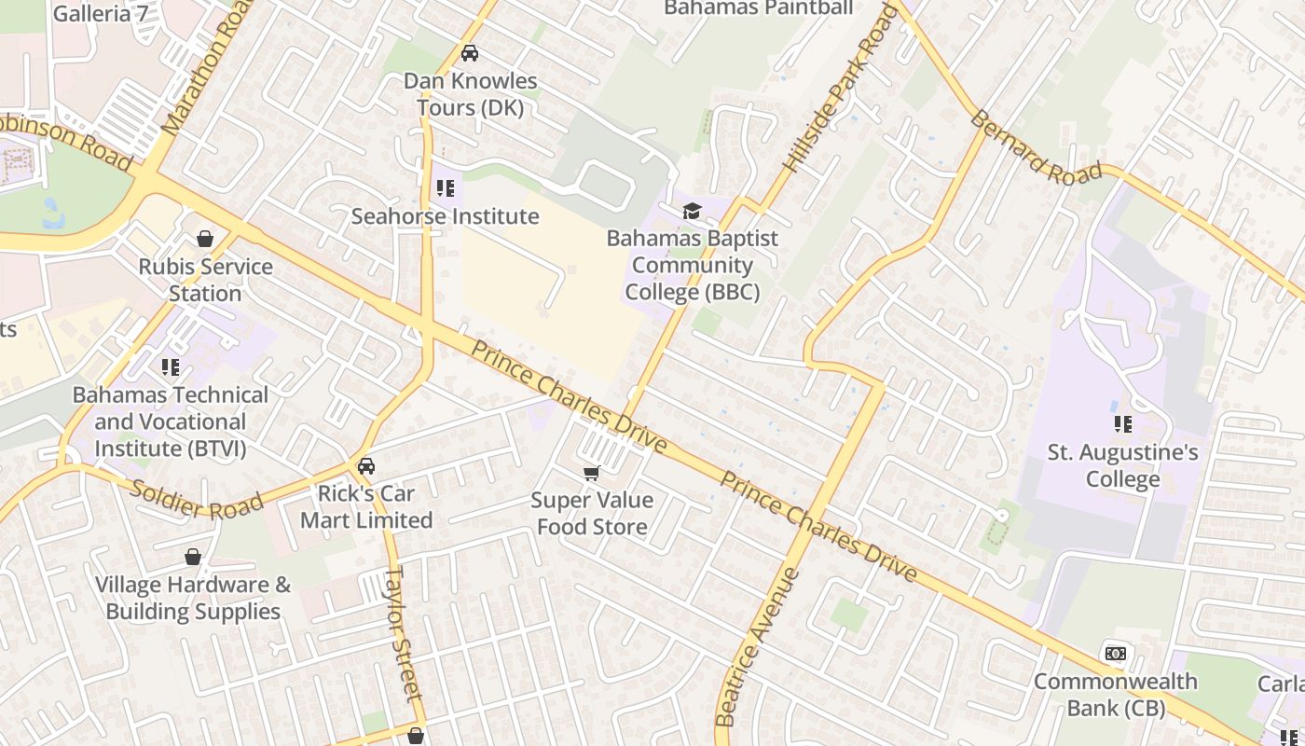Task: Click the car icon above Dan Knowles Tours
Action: [x=470, y=53]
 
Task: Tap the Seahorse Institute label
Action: [x=445, y=216]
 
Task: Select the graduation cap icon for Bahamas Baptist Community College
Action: [x=691, y=212]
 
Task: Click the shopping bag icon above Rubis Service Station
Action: [x=205, y=240]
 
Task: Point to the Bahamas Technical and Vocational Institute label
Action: [x=171, y=421]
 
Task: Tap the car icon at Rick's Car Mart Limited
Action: [x=366, y=466]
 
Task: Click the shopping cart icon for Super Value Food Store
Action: [x=591, y=474]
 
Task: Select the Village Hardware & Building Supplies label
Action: [x=193, y=599]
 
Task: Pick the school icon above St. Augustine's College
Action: [x=1122, y=424]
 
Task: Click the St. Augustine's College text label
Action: [x=1122, y=466]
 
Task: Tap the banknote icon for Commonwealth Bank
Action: [x=1115, y=654]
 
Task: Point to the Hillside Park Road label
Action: [x=840, y=89]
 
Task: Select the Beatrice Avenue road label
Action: [x=756, y=646]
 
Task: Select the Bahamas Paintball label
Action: [x=758, y=8]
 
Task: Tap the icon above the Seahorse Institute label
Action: [x=446, y=189]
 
